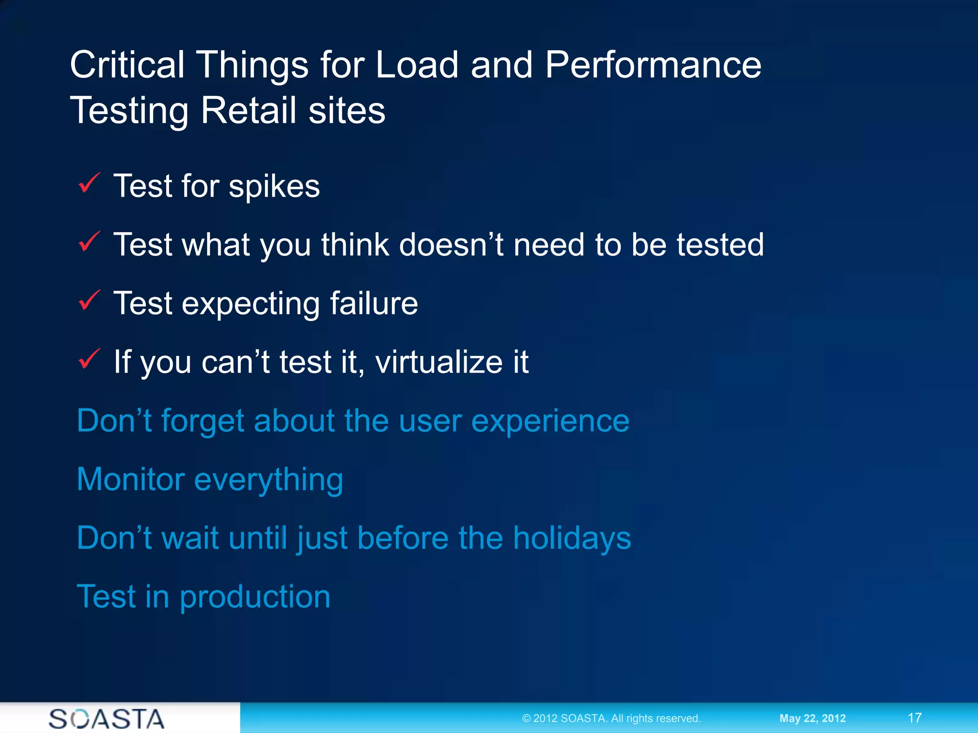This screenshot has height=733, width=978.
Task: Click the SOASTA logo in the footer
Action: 106,719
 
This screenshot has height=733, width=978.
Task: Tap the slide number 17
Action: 914,718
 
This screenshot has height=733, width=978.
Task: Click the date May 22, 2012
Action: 812,718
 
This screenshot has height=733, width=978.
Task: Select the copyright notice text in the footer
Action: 611,718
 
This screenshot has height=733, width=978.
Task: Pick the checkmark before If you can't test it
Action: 89,359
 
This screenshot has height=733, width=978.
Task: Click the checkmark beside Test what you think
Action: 89,242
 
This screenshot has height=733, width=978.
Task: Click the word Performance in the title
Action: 653,65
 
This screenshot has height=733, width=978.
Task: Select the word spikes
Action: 274,187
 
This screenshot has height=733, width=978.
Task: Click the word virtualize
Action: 438,362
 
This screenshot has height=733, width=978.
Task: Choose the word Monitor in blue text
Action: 130,479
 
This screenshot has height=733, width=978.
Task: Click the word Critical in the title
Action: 127,65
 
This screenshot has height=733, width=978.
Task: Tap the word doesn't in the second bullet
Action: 451,245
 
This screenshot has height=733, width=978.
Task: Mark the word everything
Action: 268,480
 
